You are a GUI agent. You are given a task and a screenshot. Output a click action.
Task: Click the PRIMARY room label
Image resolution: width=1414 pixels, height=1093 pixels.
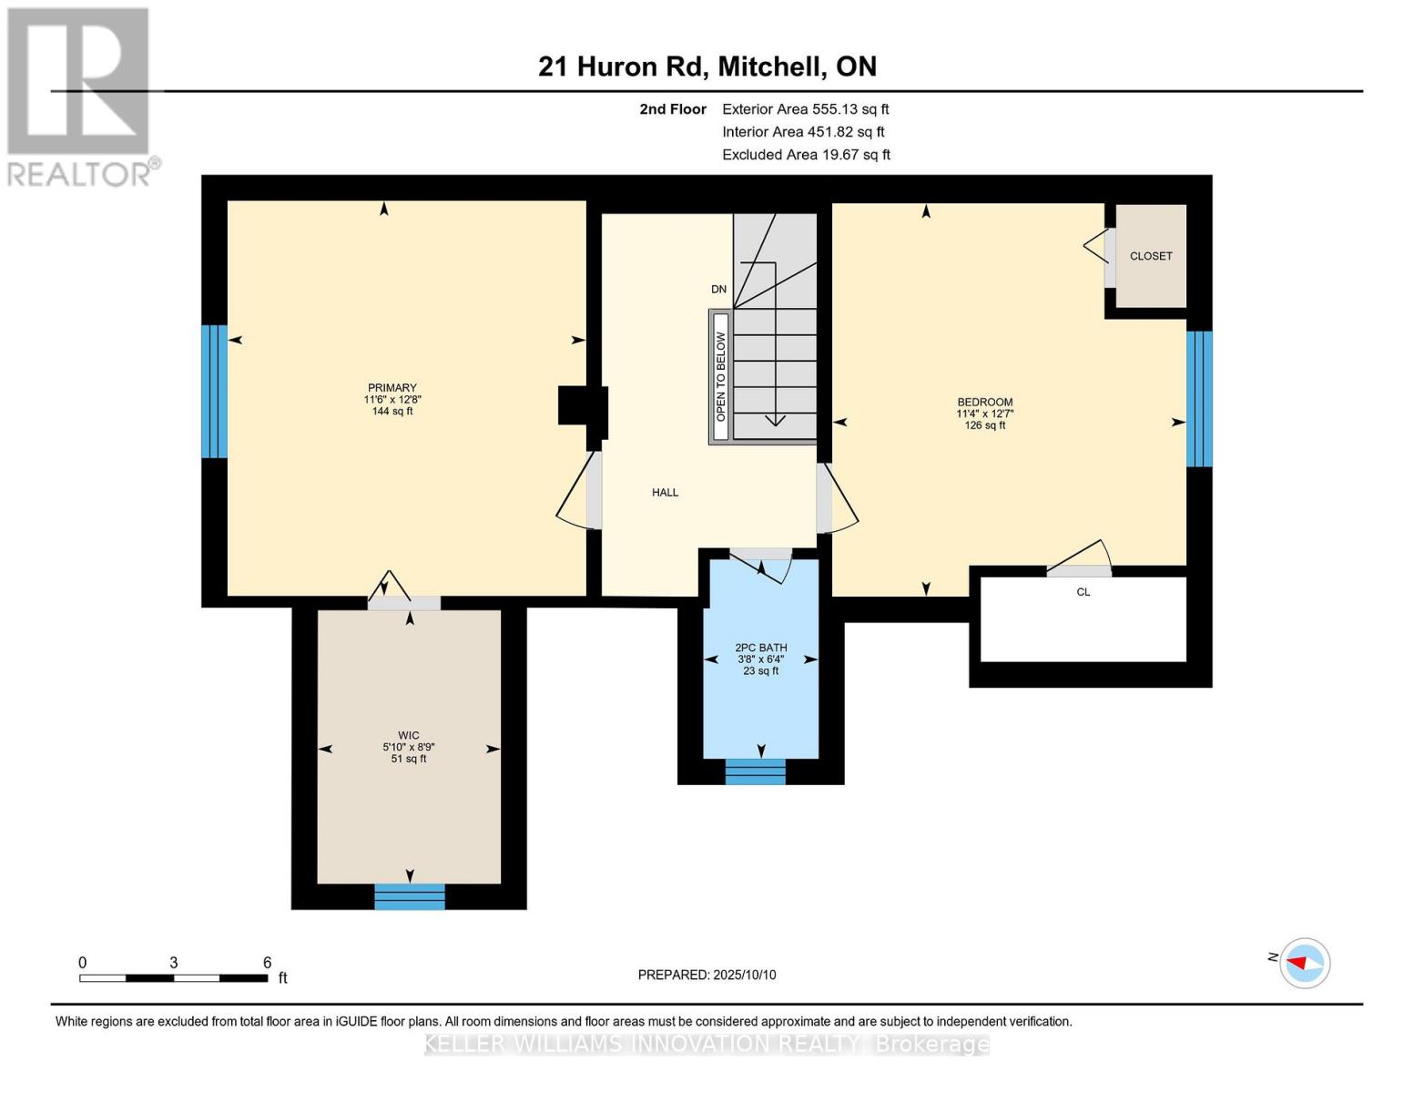click(x=392, y=388)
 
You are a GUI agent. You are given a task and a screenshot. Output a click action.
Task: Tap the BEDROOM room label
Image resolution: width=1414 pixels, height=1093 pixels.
click(x=984, y=403)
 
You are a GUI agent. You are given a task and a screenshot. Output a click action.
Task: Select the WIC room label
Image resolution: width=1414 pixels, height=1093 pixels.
click(x=408, y=736)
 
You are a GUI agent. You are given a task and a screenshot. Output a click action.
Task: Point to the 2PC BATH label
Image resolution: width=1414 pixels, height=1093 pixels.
click(x=761, y=649)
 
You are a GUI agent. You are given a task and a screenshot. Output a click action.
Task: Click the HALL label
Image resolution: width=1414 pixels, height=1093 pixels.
click(x=665, y=493)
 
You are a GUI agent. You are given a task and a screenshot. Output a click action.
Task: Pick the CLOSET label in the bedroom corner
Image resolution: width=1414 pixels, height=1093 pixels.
click(x=1151, y=256)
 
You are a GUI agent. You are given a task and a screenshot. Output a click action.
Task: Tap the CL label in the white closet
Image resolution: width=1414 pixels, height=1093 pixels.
click(x=1083, y=592)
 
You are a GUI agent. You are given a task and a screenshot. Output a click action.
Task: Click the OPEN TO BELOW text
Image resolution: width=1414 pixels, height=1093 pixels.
click(x=720, y=376)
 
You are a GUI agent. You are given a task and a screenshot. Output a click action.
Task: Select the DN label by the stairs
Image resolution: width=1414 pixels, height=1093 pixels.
click(x=718, y=290)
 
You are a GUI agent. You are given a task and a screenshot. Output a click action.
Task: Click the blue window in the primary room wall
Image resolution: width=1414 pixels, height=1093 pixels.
click(x=214, y=392)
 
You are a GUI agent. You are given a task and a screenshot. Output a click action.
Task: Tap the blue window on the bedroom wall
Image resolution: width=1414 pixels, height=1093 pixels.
click(x=1199, y=399)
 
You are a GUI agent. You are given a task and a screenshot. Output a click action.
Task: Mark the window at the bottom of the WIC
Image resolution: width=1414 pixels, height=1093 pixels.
click(x=410, y=896)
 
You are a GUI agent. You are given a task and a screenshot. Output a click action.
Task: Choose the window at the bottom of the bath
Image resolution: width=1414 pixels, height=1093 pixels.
click(x=755, y=771)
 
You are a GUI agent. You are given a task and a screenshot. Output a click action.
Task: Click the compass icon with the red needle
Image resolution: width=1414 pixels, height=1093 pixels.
click(x=1305, y=963)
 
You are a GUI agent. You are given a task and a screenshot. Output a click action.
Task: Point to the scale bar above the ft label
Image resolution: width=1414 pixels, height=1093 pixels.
click(x=173, y=978)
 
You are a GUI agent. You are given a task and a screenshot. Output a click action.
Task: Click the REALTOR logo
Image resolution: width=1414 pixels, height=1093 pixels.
click(x=80, y=96)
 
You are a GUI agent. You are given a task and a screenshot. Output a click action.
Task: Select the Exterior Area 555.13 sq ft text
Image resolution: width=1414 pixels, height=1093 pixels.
click(x=805, y=109)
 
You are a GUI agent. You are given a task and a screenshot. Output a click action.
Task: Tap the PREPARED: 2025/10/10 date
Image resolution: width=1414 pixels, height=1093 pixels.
click(x=707, y=975)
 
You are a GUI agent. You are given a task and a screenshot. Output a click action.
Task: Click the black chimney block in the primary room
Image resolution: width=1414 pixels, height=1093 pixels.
click(x=582, y=406)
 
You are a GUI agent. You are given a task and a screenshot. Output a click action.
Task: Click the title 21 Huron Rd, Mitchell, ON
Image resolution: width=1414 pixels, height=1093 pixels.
click(x=707, y=66)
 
